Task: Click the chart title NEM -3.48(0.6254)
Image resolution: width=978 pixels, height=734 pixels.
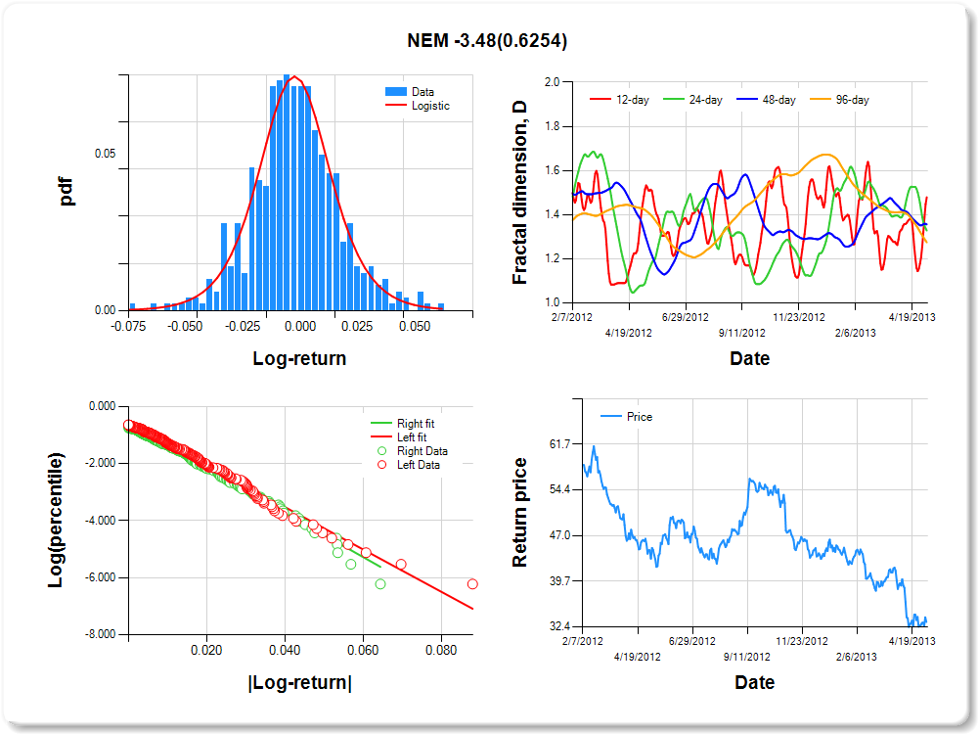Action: point(487,41)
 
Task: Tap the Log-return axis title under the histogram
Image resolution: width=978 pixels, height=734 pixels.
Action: point(299,358)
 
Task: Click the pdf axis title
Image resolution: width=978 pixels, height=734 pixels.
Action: point(67,191)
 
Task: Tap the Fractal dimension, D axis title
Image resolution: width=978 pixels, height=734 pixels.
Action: point(519,192)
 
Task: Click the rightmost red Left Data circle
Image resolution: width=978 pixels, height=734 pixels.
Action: point(472,583)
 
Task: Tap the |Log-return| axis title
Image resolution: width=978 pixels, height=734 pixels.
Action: point(299,682)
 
